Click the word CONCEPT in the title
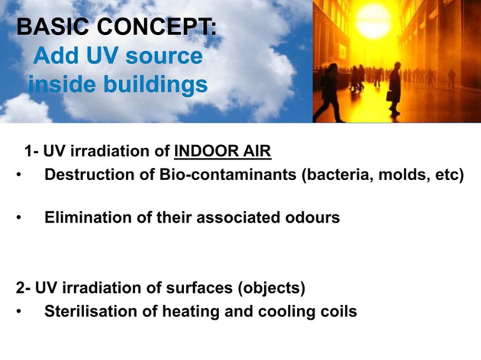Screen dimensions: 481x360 point(157,27)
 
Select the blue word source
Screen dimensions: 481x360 point(164,56)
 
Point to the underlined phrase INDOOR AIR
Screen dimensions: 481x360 point(223,151)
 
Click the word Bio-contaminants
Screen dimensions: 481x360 point(228,175)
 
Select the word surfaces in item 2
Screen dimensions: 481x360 point(199,288)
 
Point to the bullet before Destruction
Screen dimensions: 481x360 point(19,175)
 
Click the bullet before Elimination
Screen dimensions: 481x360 point(19,218)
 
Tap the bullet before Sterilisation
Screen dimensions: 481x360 point(19,312)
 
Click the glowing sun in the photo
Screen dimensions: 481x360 point(373,21)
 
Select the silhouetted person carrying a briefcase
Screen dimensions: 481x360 point(395,89)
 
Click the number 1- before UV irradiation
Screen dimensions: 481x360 point(31,151)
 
